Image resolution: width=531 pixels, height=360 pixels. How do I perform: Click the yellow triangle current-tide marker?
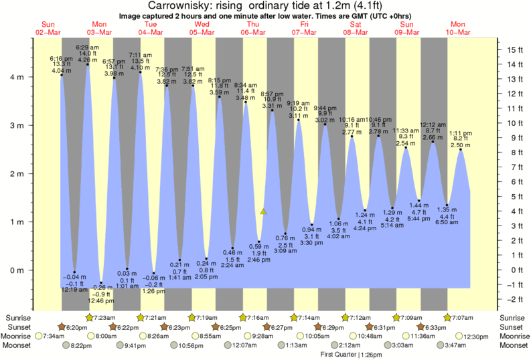click(x=264, y=211)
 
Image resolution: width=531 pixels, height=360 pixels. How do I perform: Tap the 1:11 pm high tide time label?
click(x=461, y=132)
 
